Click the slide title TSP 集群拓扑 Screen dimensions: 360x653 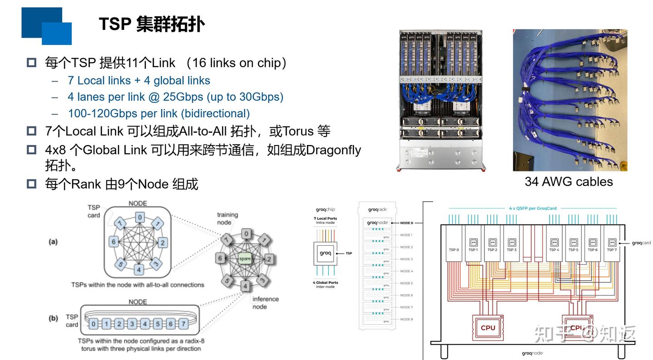point(151,24)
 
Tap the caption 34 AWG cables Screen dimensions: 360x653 point(569,181)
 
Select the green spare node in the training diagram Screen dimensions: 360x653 point(245,258)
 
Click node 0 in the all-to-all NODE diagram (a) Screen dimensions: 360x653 point(140,218)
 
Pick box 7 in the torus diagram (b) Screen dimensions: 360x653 point(183,324)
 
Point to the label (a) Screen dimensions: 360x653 point(54,242)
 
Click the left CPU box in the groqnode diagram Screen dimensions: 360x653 point(488,327)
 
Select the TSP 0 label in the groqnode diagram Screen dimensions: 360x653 point(454,250)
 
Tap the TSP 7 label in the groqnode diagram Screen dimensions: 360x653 point(611,250)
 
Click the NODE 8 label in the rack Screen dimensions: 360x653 point(406,319)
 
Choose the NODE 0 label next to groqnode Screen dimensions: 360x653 point(407,223)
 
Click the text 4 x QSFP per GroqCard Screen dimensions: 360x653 point(532,209)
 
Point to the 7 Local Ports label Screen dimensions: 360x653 point(325,221)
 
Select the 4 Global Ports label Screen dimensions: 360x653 point(325,284)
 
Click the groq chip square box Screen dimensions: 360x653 point(325,253)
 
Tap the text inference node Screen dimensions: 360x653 point(265,302)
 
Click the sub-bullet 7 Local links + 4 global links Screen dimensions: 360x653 point(139,81)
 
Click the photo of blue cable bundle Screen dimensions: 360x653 point(570,100)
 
